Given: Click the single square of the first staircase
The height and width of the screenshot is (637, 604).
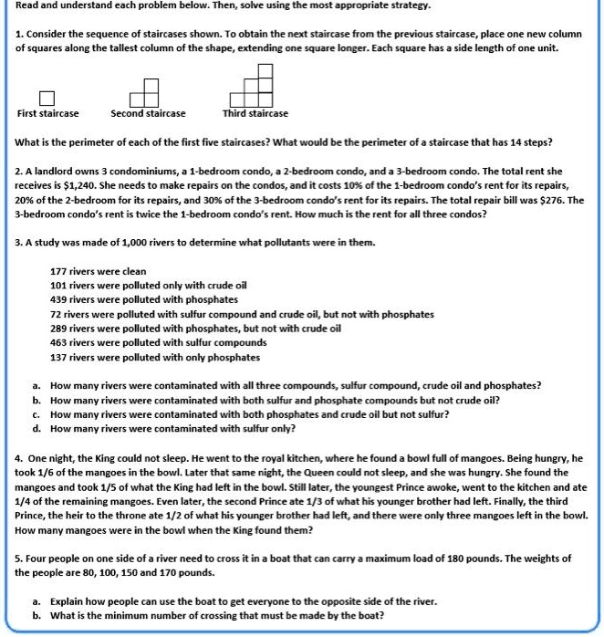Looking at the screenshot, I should click(47, 98).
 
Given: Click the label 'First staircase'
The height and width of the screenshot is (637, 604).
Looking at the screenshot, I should click(47, 114).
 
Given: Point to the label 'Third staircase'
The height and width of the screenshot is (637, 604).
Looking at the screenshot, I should click(255, 114).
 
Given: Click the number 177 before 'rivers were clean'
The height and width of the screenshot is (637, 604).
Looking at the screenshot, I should click(58, 272).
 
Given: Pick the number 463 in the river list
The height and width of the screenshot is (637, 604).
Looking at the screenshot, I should click(58, 343).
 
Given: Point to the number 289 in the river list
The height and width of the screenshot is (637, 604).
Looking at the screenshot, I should click(58, 329).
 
